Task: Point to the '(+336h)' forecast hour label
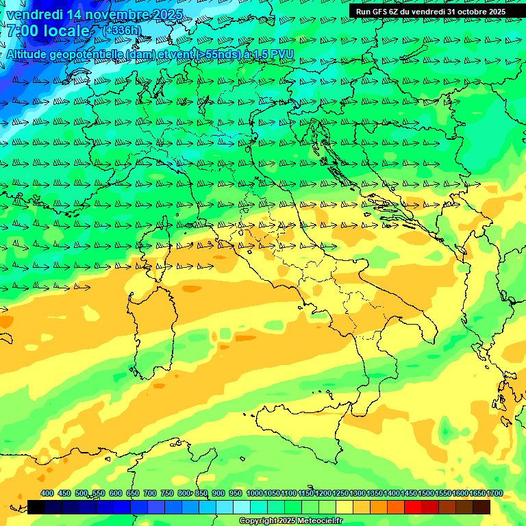pos(122,31)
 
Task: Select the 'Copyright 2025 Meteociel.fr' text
pos(290,521)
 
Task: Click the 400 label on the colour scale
pos(47,494)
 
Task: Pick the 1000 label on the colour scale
pos(255,494)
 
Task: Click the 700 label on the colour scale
pos(150,494)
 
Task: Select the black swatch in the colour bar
pos(36,507)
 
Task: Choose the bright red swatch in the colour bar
pos(413,507)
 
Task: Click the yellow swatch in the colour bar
pos(345,507)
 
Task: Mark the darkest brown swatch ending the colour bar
pos(481,507)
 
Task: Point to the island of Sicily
pos(301,428)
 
